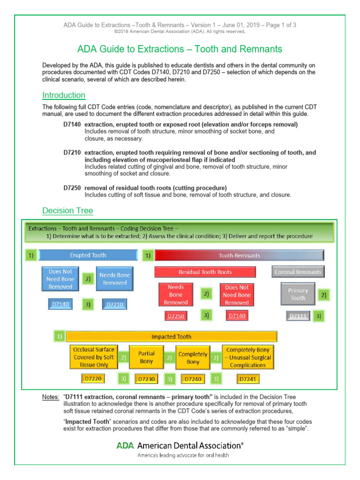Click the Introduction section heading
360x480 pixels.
(x=64, y=96)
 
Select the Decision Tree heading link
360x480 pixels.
(x=67, y=211)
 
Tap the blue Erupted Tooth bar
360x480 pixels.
(x=88, y=255)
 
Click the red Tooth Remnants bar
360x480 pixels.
(x=239, y=255)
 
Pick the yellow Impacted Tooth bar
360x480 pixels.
(x=171, y=337)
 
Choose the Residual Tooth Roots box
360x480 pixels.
(x=205, y=272)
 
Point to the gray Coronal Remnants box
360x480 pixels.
(x=298, y=272)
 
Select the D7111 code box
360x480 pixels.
(x=298, y=316)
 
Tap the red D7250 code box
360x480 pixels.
(x=176, y=316)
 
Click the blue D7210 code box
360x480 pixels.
(x=115, y=305)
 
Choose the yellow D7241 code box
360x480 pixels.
(x=248, y=378)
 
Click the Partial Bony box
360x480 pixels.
(x=146, y=358)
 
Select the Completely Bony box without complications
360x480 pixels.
(x=193, y=358)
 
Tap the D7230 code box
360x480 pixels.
(x=146, y=378)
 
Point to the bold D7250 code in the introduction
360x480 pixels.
(x=72, y=188)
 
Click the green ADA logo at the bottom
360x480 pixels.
(x=122, y=445)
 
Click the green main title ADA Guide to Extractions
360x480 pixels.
(x=180, y=49)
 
